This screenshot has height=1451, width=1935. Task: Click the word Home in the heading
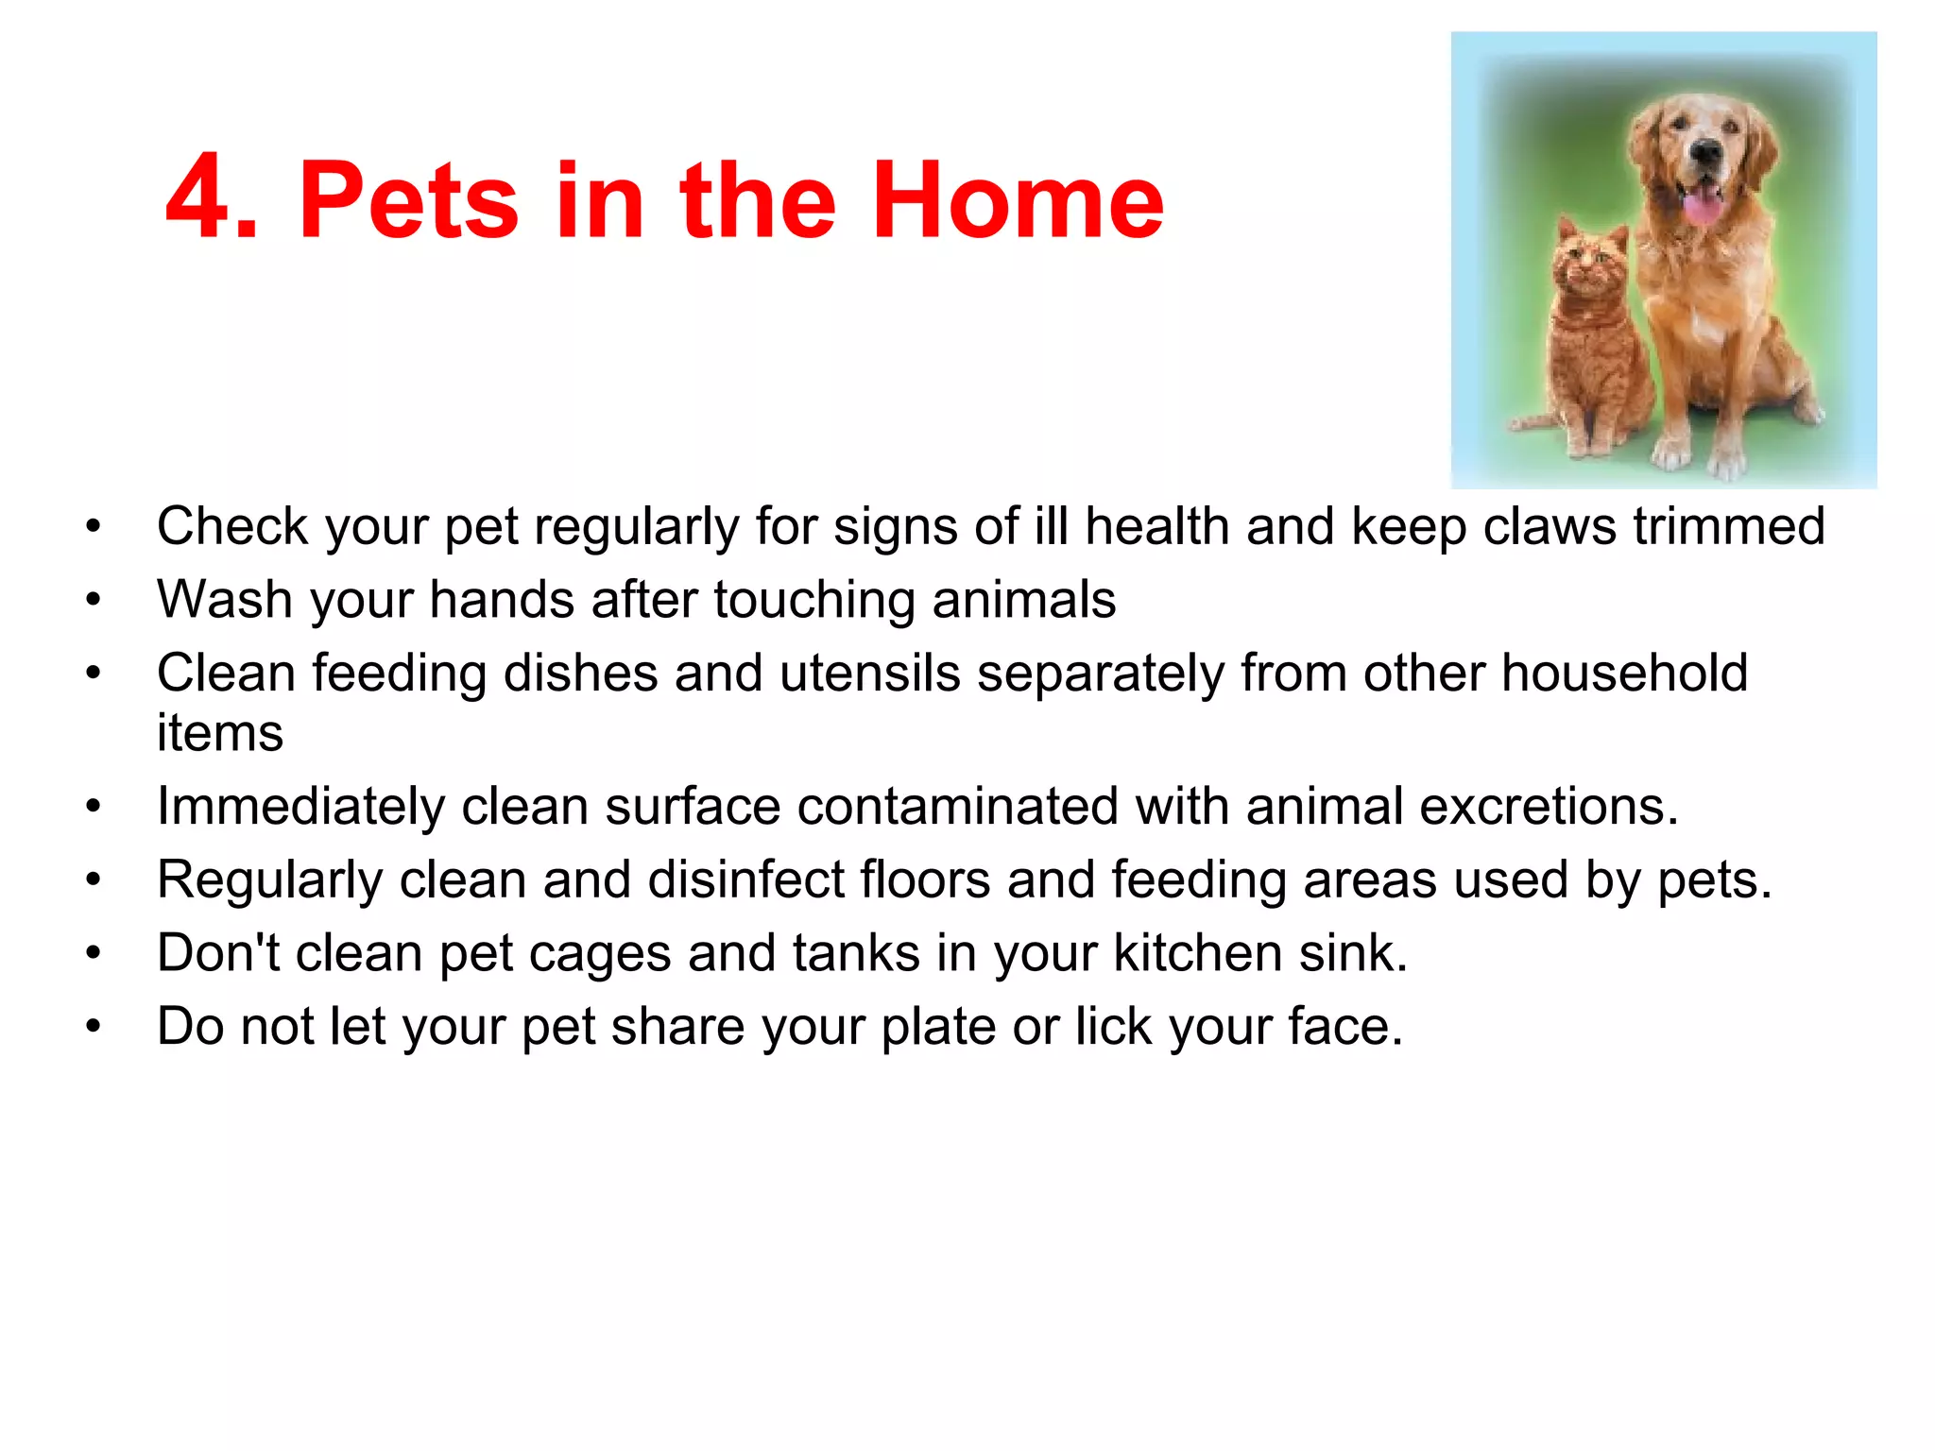coord(1018,200)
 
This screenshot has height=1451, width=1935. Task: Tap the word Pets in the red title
coord(408,200)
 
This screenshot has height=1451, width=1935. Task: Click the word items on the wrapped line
coord(219,733)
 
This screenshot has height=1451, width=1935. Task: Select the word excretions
coord(1549,807)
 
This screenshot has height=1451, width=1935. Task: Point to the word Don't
coord(218,952)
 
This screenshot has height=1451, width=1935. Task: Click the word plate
coord(937,1026)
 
